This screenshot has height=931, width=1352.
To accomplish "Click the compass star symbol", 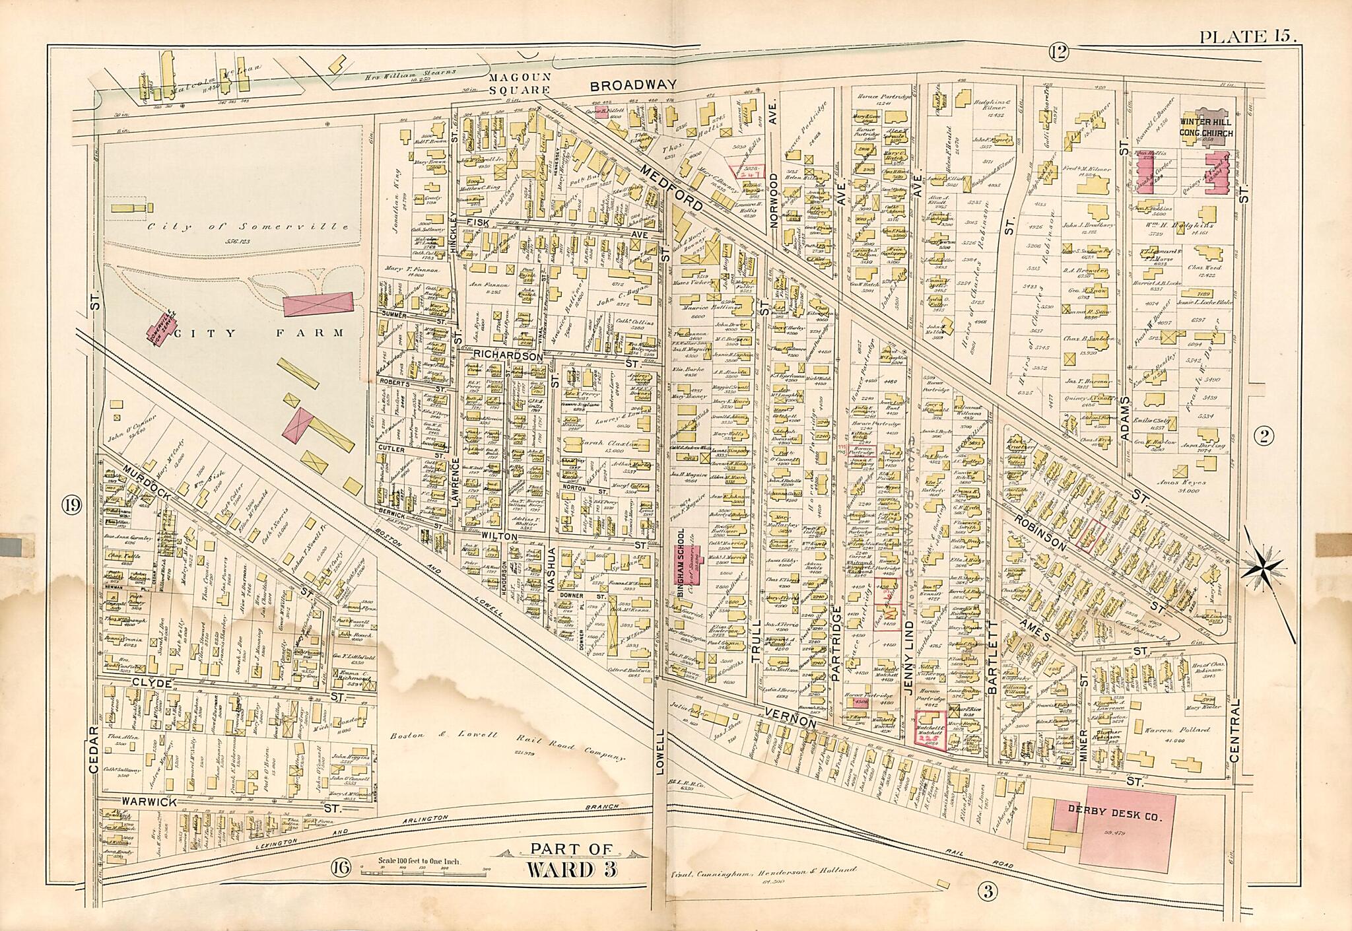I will point(1262,567).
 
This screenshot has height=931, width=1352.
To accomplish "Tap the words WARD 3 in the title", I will point(572,870).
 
